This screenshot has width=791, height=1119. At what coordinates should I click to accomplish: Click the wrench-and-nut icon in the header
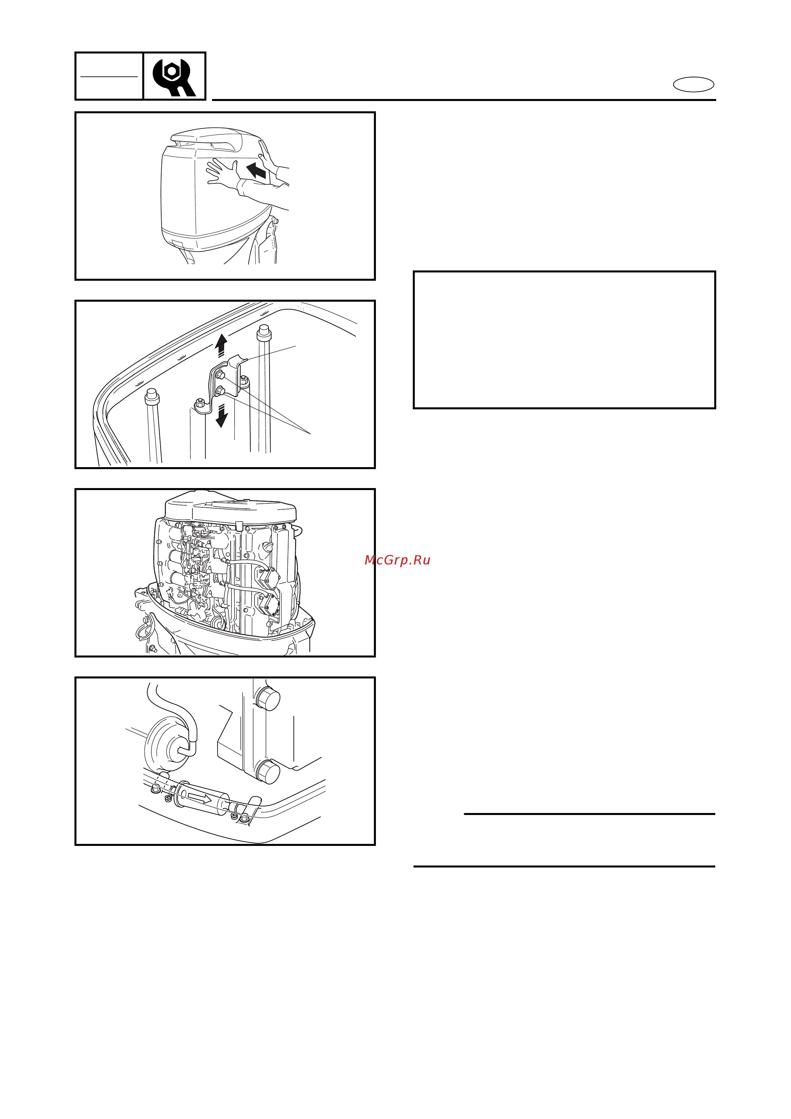coord(173,77)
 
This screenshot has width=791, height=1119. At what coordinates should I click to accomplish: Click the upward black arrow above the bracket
coord(221,345)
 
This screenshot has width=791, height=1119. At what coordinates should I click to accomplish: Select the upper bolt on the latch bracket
coord(220,375)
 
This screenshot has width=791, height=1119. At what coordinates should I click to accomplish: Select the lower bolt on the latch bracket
coord(220,390)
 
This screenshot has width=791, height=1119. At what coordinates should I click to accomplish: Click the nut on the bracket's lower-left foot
coord(199,403)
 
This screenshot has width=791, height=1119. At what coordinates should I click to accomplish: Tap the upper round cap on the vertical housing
coord(267,699)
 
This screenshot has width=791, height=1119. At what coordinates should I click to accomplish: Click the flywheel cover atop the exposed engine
coord(231,507)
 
